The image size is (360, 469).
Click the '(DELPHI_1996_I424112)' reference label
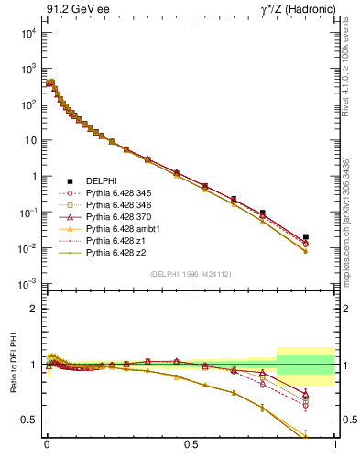[191, 274]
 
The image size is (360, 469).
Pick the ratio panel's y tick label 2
[33, 309]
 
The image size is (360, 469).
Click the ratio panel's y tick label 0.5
[29, 420]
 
